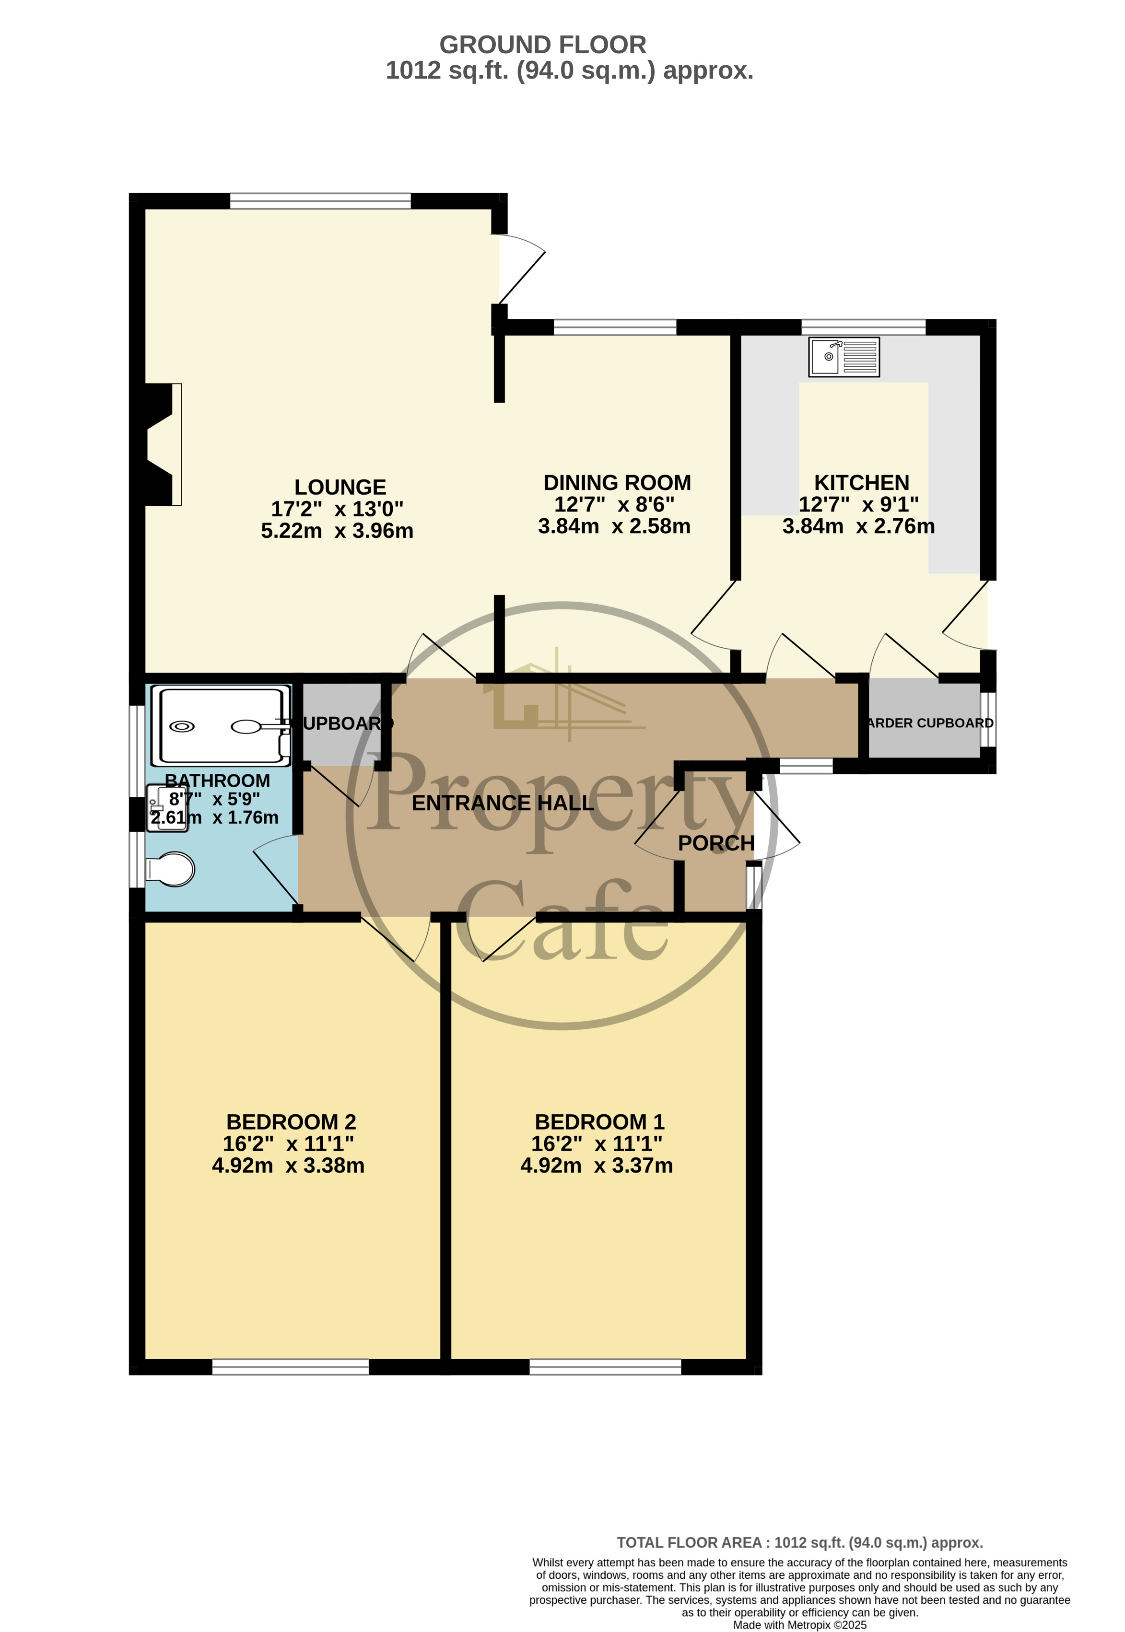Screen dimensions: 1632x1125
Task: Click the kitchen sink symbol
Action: [844, 357]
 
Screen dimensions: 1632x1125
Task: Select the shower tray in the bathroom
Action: [220, 726]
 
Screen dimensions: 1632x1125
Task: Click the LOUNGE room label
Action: [340, 487]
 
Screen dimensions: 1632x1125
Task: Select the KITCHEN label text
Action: [861, 483]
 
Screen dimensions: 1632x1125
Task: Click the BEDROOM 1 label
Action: [599, 1122]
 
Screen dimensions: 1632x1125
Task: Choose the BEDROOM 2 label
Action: [291, 1122]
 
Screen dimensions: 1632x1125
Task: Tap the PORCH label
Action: [716, 843]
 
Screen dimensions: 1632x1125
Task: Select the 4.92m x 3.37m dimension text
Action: [597, 1166]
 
